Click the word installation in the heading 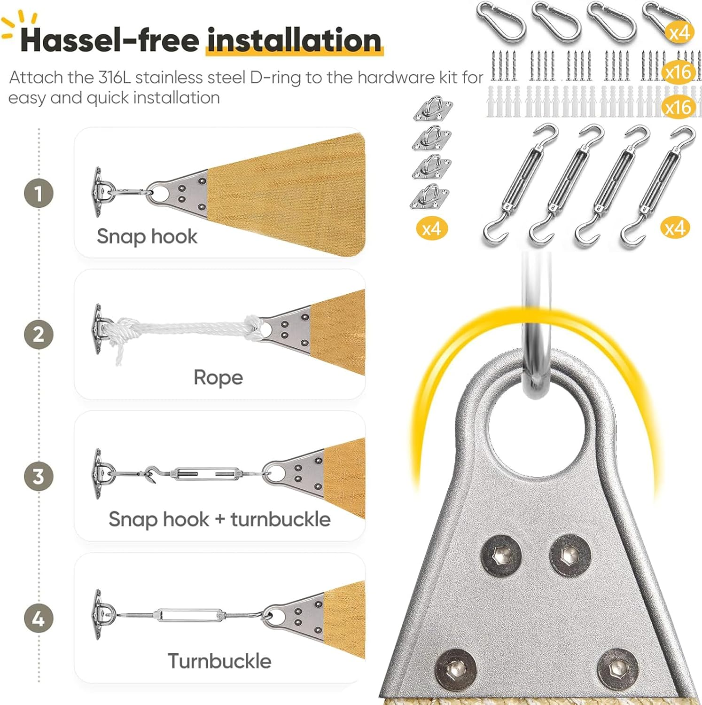(x=294, y=40)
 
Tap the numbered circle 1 (x=39, y=193)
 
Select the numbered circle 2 (x=39, y=335)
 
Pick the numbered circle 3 (x=39, y=477)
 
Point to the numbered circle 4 (x=39, y=619)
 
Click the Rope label (x=218, y=377)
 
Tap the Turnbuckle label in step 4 (x=219, y=661)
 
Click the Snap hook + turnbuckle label (x=219, y=519)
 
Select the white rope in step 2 (x=183, y=329)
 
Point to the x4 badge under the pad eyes (x=432, y=229)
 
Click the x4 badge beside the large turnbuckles (x=675, y=228)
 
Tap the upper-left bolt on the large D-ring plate (x=501, y=556)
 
